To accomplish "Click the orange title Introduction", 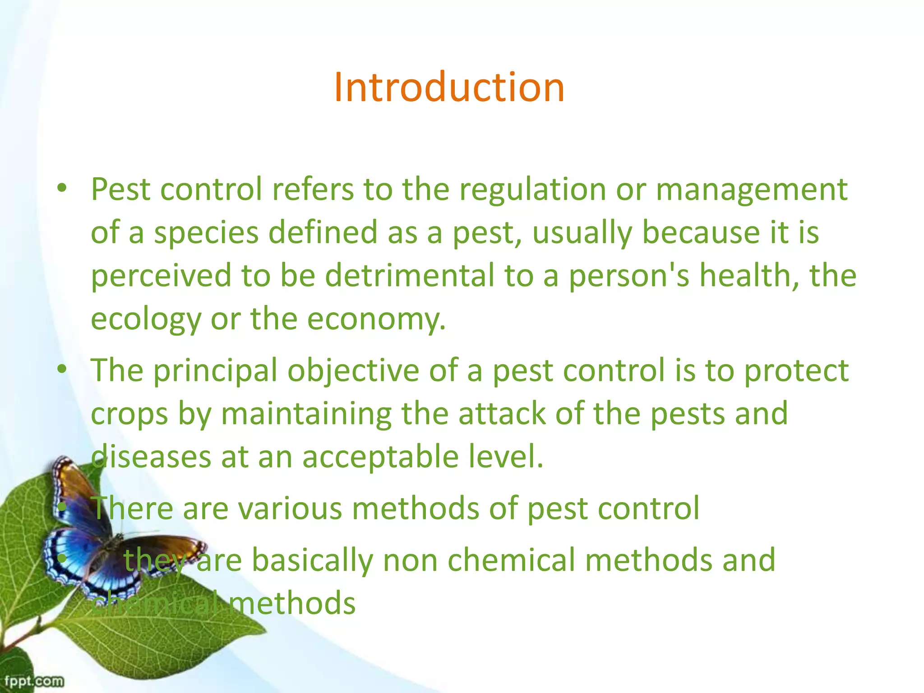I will tap(449, 87).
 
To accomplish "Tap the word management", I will tap(751, 190).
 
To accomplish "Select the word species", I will tap(206, 233).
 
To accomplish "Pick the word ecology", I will tap(146, 319).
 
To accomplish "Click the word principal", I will tap(215, 371).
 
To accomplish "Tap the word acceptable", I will tap(380, 457).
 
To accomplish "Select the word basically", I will tap(312, 560).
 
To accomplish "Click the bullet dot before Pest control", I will tap(62, 189).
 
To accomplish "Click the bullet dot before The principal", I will tap(62, 370).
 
